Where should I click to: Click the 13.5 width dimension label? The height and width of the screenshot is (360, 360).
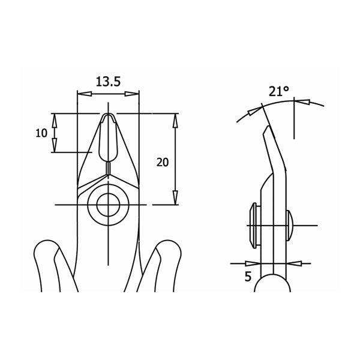[x=108, y=82]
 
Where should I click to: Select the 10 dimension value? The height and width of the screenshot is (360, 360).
[x=41, y=133]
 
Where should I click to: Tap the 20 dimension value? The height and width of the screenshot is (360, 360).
[x=163, y=163]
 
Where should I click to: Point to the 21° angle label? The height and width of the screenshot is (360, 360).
[x=279, y=91]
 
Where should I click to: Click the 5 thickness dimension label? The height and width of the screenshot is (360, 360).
[x=248, y=277]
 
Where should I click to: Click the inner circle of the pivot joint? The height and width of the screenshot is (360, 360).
[x=109, y=205]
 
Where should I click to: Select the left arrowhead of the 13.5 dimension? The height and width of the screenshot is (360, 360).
[x=85, y=94]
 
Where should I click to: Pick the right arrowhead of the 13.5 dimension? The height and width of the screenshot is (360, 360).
[x=132, y=94]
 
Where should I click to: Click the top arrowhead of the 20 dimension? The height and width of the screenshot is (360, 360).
[x=175, y=121]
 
